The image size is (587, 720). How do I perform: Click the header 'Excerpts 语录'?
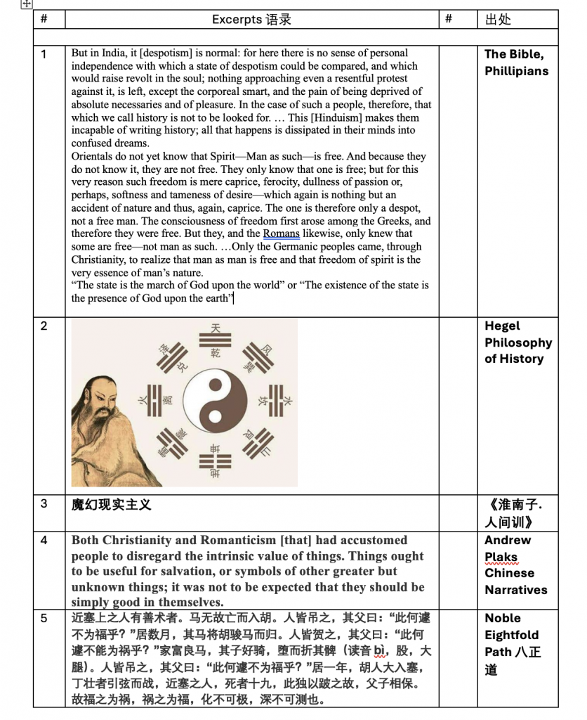coord(251,20)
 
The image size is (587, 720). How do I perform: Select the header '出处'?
coord(498,20)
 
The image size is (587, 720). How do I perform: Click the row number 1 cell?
coord(44,54)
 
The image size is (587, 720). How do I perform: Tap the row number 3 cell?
coord(44,503)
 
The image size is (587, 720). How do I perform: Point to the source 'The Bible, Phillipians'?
coord(515,63)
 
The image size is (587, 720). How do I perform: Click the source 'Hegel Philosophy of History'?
coord(517,342)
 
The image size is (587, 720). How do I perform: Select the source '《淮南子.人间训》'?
coord(515,513)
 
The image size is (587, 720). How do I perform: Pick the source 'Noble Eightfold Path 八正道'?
coord(513,643)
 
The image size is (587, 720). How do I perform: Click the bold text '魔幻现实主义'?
coord(111,505)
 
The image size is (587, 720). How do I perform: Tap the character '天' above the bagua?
coord(216,328)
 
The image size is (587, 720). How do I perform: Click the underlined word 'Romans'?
coord(281,233)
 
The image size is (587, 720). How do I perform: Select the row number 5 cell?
coord(44,619)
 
